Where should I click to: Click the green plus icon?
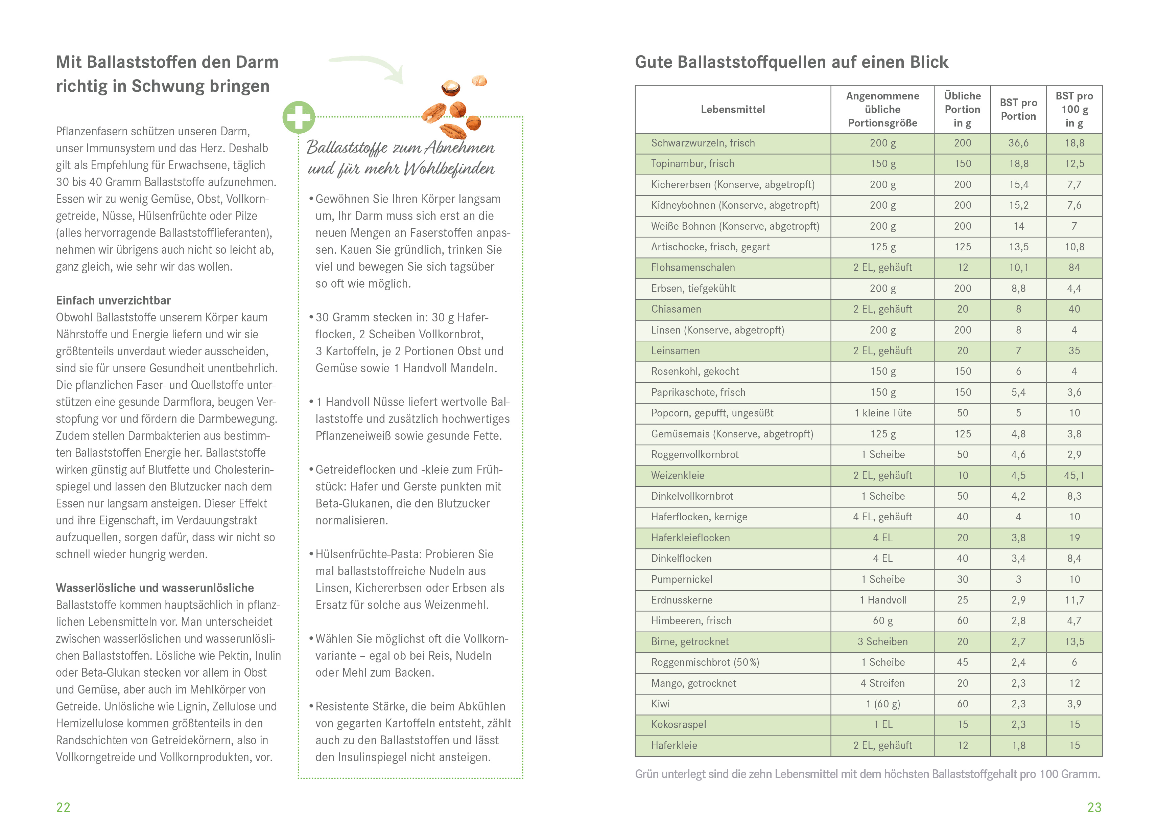299,117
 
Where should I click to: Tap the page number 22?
63,807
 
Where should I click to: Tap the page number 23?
1094,807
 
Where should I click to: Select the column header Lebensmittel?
732,109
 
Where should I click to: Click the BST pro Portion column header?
1018,109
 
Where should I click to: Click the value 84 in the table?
1074,268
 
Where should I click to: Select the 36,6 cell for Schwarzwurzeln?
1018,143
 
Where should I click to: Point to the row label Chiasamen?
676,309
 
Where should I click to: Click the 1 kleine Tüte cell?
883,413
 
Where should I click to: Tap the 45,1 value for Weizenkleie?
1074,475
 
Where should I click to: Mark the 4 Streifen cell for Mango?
882,683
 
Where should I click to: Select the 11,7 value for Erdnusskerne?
1074,600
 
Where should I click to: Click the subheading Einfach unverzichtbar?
113,300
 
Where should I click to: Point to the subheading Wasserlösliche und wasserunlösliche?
155,588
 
